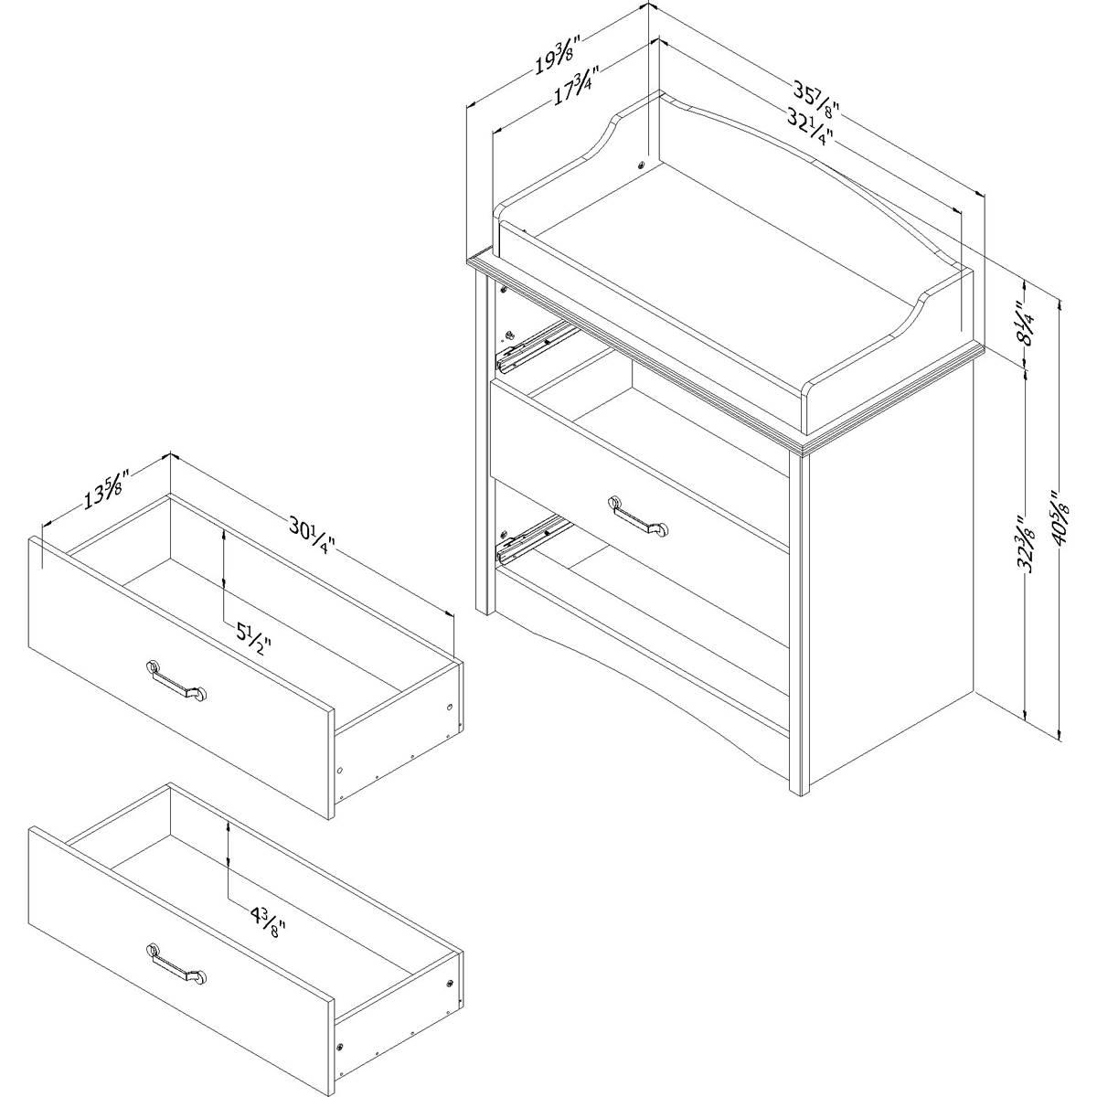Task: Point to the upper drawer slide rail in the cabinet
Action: pyautogui.click(x=535, y=346)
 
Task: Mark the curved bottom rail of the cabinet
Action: pyautogui.click(x=644, y=655)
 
